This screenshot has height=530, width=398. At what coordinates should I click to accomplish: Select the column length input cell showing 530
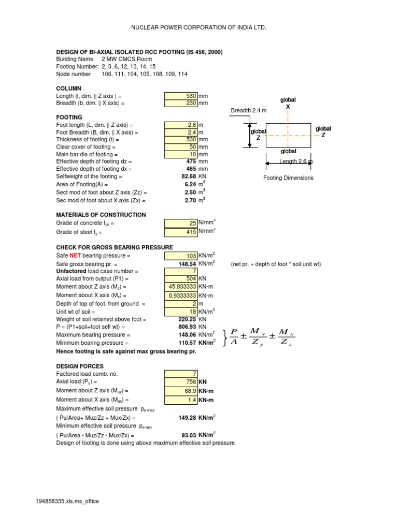click(181, 96)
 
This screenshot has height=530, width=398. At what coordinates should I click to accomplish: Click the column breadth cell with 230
click(181, 103)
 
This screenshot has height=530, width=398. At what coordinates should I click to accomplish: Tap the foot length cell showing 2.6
click(181, 125)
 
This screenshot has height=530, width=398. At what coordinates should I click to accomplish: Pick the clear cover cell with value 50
click(181, 147)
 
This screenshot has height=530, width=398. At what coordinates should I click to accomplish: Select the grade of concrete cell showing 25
click(181, 224)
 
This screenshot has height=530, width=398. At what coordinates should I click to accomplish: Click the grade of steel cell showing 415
click(181, 232)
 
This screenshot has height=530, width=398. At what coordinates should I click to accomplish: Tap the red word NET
click(76, 256)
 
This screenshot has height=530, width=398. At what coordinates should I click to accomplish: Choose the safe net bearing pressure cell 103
click(181, 256)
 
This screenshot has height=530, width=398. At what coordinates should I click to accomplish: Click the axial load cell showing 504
click(181, 278)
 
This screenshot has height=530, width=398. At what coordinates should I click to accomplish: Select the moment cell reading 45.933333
click(181, 287)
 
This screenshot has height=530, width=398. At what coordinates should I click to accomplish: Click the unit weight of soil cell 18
click(181, 311)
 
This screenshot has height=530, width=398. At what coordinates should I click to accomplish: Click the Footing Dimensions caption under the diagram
click(289, 178)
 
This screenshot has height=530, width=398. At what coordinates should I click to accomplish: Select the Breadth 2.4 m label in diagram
click(249, 111)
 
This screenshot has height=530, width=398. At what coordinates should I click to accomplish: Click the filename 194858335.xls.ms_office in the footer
click(67, 502)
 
